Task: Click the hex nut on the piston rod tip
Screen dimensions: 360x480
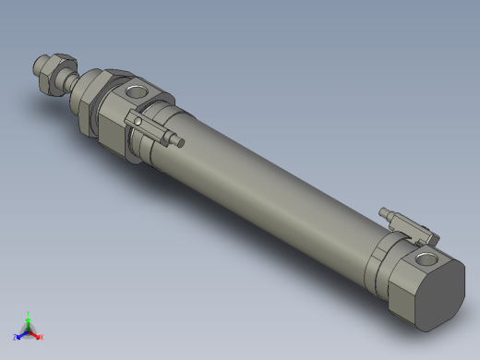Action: click(x=54, y=68)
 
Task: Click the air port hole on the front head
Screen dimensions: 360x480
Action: click(x=136, y=92)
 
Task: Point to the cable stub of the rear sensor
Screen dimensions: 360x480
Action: click(x=386, y=213)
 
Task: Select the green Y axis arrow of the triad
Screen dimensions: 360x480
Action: click(x=29, y=320)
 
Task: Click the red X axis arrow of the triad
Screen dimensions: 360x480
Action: click(x=36, y=334)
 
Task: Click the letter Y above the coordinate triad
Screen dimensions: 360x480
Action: click(x=29, y=313)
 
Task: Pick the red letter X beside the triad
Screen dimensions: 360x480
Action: click(x=42, y=337)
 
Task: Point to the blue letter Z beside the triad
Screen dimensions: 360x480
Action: click(x=16, y=337)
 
